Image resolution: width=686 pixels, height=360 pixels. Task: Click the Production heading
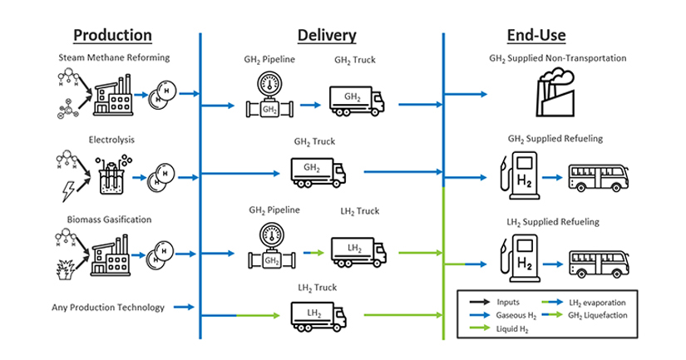coord(112,35)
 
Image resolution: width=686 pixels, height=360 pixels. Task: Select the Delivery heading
coord(327,35)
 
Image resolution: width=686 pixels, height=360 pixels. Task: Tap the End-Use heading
coord(536,35)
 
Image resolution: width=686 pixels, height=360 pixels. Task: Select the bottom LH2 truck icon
coord(318,314)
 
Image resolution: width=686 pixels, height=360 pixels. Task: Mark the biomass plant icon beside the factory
coord(64,268)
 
